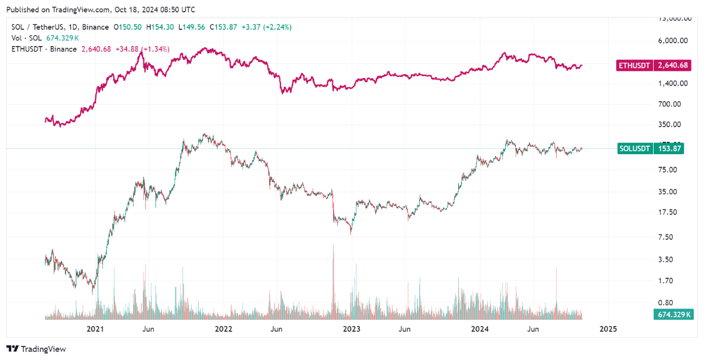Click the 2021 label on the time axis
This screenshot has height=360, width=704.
click(x=95, y=329)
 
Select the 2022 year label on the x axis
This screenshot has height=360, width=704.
click(x=223, y=329)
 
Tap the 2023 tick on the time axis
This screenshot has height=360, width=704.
click(x=351, y=329)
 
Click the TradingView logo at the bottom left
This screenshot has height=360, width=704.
click(x=36, y=349)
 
